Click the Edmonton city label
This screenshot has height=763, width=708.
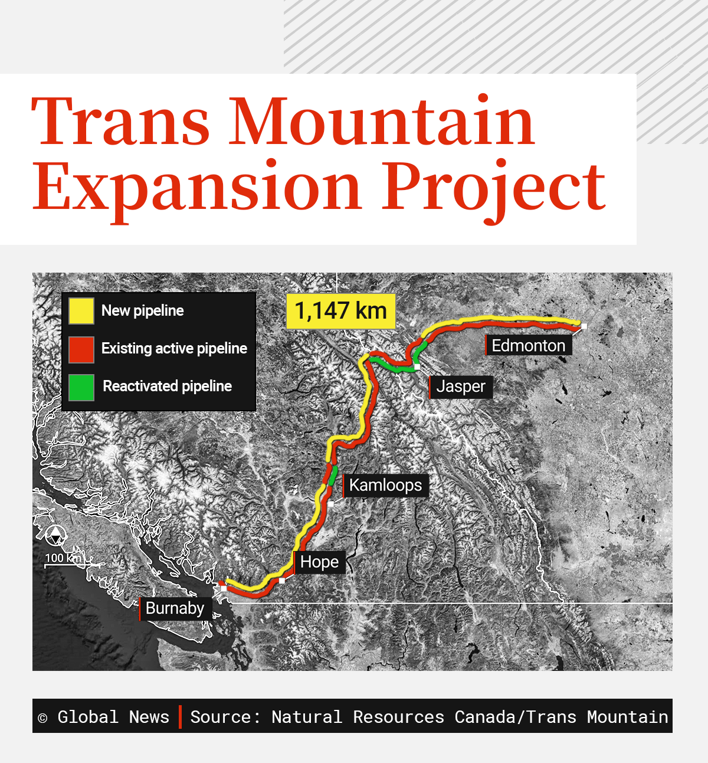click(528, 345)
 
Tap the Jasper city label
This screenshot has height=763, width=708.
click(461, 387)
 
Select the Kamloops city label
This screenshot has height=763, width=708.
click(385, 485)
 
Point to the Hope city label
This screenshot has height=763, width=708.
click(319, 562)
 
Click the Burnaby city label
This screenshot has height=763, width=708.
click(175, 608)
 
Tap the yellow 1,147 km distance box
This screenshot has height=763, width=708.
click(340, 311)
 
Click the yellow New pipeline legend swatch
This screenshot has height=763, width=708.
click(81, 311)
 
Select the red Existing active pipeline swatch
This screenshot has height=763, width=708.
click(81, 349)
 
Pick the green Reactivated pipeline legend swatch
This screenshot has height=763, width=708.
click(81, 387)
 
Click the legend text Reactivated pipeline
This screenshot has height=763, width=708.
click(167, 387)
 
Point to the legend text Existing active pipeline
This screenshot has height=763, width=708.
click(174, 349)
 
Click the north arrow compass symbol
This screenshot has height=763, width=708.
click(55, 536)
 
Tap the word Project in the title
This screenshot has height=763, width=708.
click(493, 188)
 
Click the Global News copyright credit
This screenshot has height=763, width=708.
click(104, 717)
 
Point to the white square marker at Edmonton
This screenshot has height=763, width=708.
click(584, 326)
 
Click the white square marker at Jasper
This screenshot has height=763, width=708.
click(417, 367)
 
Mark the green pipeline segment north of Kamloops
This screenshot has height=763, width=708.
click(332, 475)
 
